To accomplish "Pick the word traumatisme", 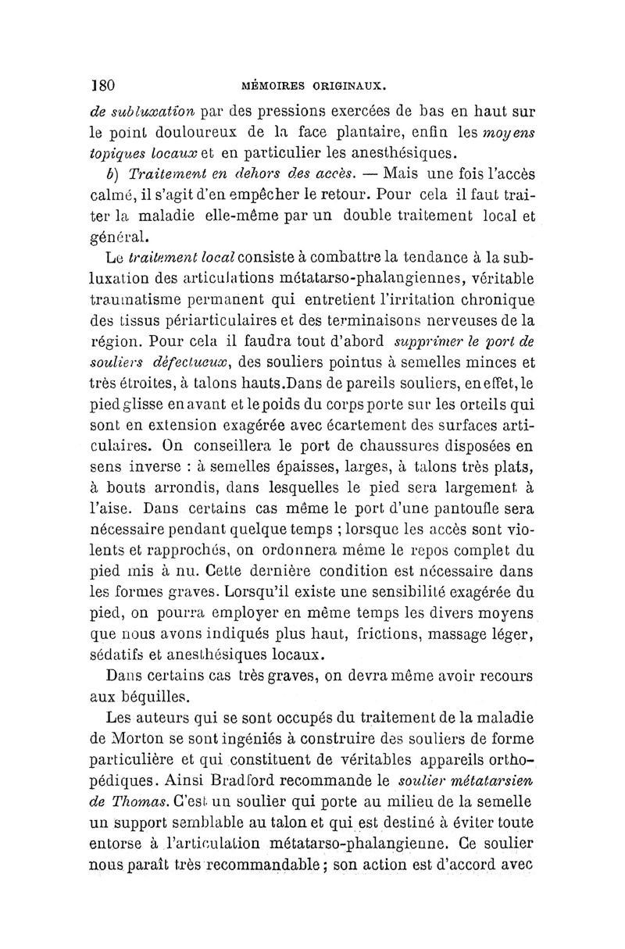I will (130, 300).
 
